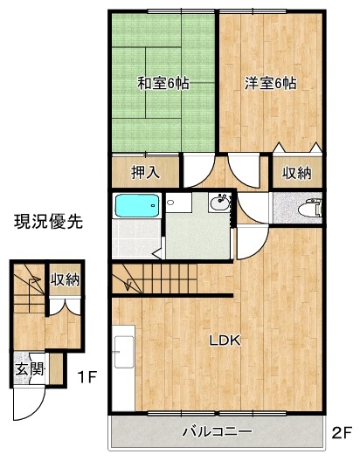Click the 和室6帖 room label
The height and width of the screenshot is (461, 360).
163,84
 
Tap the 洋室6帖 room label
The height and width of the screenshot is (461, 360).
270,84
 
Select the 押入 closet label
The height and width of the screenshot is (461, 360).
145,172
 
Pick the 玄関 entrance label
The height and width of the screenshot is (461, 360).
24,368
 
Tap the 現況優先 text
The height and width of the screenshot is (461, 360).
47,222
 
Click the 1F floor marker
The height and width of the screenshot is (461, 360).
85,377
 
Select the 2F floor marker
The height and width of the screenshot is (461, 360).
341,432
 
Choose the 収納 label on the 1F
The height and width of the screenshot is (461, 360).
65,280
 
